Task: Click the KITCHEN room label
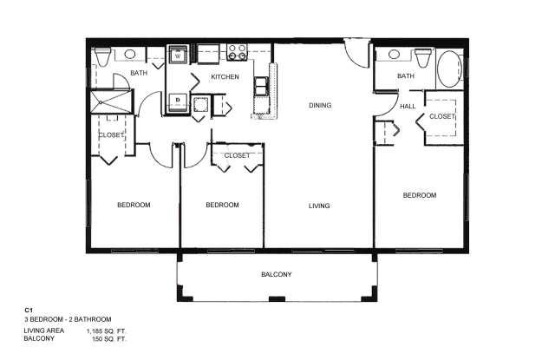pyautogui.click(x=225, y=77)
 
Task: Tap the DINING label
pyautogui.click(x=320, y=105)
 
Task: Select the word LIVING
pyautogui.click(x=319, y=206)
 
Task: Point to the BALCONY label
pyautogui.click(x=277, y=274)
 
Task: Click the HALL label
pyautogui.click(x=408, y=106)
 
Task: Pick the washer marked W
pyautogui.click(x=178, y=56)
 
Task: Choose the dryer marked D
pyautogui.click(x=178, y=102)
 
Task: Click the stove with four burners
pyautogui.click(x=237, y=52)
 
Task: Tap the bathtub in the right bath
pyautogui.click(x=449, y=69)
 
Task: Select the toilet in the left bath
pyautogui.click(x=103, y=57)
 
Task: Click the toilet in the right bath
pyautogui.click(x=423, y=58)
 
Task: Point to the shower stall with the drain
pyautogui.click(x=111, y=102)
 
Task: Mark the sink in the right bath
pyautogui.click(x=394, y=55)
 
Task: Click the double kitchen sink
pyautogui.click(x=260, y=86)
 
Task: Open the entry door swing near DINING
pyautogui.click(x=356, y=53)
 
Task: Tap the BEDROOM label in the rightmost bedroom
pyautogui.click(x=420, y=195)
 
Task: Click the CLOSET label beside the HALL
pyautogui.click(x=441, y=116)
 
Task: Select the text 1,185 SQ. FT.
pyautogui.click(x=107, y=331)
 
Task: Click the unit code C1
pyautogui.click(x=29, y=310)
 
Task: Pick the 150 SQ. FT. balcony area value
pyautogui.click(x=109, y=339)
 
